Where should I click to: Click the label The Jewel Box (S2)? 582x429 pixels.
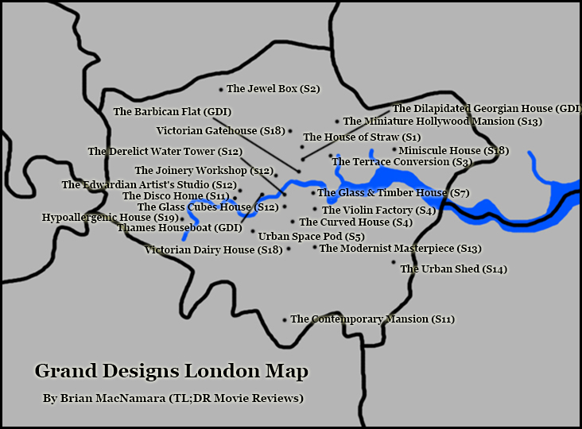click(x=273, y=89)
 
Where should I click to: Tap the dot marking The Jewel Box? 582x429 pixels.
click(x=221, y=89)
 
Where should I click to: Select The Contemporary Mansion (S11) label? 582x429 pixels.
click(x=372, y=319)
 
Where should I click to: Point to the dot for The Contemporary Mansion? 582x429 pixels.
click(x=285, y=319)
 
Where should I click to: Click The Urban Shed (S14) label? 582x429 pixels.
click(x=453, y=269)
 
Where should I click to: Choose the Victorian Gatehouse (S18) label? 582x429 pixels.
click(x=220, y=131)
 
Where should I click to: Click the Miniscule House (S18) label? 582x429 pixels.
click(x=453, y=150)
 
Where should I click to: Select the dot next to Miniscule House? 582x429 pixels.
click(x=394, y=149)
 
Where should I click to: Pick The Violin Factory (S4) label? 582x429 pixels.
click(x=378, y=211)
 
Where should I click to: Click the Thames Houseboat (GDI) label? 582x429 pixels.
click(x=179, y=228)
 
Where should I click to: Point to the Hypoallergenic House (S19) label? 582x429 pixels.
click(x=110, y=217)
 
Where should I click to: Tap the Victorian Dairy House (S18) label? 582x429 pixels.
click(x=213, y=250)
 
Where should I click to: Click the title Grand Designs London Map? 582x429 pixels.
click(x=171, y=371)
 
